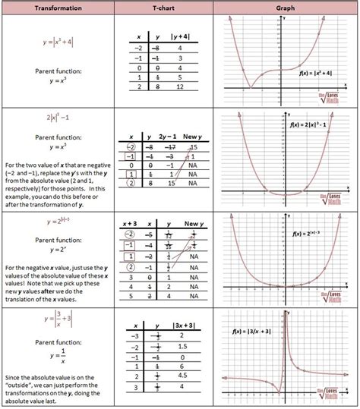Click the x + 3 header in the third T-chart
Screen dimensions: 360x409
tap(133, 224)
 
